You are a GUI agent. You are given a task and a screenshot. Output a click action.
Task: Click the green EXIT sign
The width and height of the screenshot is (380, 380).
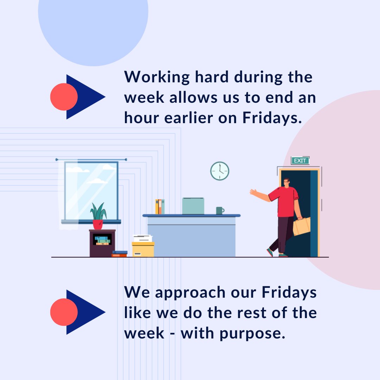pyautogui.click(x=300, y=161)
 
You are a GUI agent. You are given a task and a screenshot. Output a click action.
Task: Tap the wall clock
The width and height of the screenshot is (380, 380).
pyautogui.click(x=220, y=171)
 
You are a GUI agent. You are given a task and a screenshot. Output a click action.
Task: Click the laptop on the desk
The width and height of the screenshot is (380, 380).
pyautogui.click(x=193, y=206)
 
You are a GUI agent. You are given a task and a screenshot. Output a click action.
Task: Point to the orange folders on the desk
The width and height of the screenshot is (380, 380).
pyautogui.click(x=160, y=207)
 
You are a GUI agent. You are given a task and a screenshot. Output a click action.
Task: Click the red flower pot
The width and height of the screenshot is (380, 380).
pyautogui.click(x=97, y=224)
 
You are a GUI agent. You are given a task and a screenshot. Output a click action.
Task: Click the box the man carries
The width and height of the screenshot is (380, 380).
pyautogui.click(x=302, y=227)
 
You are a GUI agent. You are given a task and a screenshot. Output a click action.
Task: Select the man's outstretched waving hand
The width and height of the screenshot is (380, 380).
pyautogui.click(x=254, y=192)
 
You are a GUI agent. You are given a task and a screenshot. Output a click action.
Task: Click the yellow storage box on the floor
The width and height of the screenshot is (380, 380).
pyautogui.click(x=143, y=249)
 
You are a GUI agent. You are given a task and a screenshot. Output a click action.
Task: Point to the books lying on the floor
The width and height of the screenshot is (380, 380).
pyautogui.click(x=120, y=254)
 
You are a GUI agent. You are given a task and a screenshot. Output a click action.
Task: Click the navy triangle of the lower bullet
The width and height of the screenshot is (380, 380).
pyautogui.click(x=88, y=312)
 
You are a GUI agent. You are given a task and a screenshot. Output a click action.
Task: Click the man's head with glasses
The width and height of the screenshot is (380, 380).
pyautogui.click(x=286, y=182)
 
